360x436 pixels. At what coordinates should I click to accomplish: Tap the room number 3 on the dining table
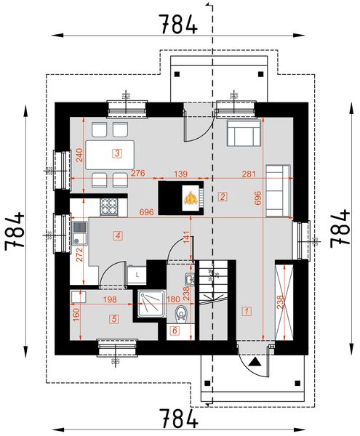(116, 153)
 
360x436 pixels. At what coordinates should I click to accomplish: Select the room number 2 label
(223, 196)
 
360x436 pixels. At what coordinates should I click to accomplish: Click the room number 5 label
(114, 318)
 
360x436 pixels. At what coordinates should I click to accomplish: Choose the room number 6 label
(174, 331)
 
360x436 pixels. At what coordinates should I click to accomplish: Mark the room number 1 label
(247, 311)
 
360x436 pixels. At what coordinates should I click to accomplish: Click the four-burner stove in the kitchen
(109, 206)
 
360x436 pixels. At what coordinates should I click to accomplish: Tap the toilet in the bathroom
(182, 313)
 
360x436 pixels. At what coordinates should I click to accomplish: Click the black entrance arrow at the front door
(255, 360)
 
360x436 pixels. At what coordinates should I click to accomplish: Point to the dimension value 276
(138, 174)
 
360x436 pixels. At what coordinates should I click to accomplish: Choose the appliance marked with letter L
(137, 273)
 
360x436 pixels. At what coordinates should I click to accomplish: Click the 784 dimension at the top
(177, 25)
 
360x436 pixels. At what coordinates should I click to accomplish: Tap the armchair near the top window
(243, 134)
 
